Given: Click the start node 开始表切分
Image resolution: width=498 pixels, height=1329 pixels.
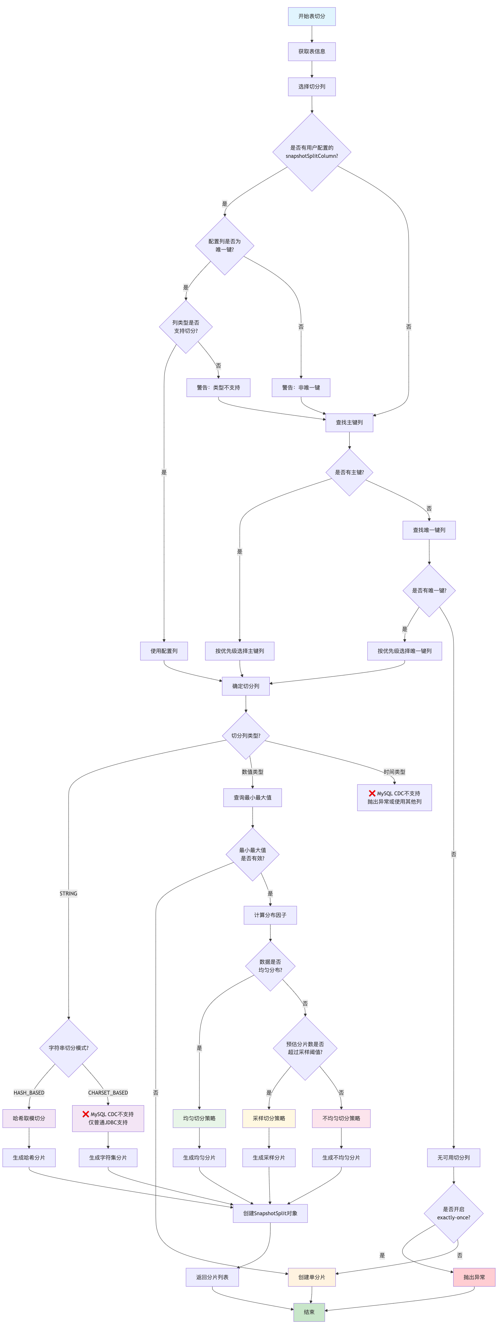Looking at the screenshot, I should coord(312,16).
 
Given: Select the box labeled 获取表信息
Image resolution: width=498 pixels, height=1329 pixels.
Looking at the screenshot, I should coord(312,52).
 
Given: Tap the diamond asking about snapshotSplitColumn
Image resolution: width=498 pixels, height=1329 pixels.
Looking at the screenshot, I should coord(312,152).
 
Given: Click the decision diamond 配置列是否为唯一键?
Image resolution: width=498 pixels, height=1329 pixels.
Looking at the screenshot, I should coord(225,246).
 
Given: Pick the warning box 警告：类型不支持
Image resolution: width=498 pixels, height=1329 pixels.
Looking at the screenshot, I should coord(218,387).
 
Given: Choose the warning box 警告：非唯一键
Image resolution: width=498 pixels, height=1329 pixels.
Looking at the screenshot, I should coord(301,387).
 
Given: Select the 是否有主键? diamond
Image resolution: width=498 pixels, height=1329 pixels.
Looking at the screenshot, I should coord(349,472).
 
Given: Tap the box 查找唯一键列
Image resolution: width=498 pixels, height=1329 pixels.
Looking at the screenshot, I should coord(429,530).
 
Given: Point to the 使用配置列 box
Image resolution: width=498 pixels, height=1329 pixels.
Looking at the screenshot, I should coord(164,651).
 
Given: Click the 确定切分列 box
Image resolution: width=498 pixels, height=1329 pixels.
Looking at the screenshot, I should coord(246,686).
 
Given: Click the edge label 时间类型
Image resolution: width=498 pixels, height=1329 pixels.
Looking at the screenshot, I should coord(394,772).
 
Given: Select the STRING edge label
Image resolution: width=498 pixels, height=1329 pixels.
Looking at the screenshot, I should coord(68,893).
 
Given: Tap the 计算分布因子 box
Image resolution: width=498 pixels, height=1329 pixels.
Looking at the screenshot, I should coord(270,915).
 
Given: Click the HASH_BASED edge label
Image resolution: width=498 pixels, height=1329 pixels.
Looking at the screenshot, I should coord(29,1093).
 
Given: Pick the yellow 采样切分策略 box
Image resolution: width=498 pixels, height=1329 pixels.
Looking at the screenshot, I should coord(269,1119).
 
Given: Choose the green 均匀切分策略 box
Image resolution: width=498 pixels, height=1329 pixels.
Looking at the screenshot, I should coord(199,1119).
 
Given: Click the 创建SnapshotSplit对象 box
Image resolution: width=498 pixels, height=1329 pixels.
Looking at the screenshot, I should coord(270,1214).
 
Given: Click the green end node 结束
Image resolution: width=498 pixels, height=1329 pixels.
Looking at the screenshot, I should coord(309,1312).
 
